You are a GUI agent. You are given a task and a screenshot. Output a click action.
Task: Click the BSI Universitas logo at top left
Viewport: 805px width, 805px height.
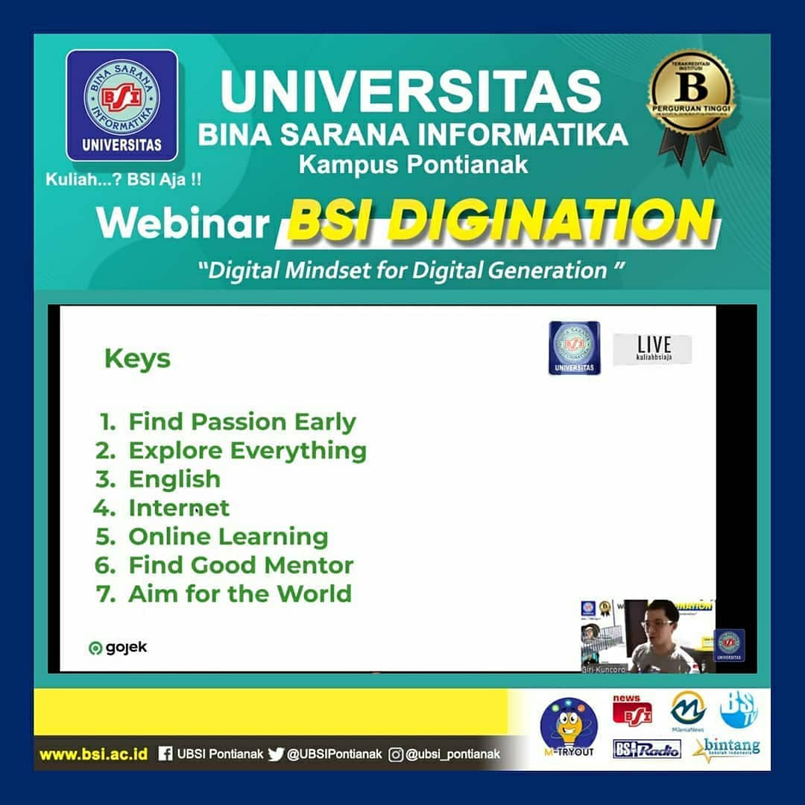121,105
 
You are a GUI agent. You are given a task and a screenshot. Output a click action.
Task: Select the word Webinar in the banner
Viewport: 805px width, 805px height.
183,223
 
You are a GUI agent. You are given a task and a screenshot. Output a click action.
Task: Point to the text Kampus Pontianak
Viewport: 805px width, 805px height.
413,164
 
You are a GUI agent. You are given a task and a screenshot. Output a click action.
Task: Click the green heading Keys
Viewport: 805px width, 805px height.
137,359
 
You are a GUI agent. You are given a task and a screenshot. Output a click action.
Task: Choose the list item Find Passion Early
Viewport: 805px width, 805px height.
241,422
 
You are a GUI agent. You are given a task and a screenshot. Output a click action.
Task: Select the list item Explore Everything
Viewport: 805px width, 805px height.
247,450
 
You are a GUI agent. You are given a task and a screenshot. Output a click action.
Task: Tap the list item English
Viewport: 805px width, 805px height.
174,479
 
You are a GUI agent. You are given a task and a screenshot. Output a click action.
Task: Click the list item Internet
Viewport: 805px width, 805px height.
179,508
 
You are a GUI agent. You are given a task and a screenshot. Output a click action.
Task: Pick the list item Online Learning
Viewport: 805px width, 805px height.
228,537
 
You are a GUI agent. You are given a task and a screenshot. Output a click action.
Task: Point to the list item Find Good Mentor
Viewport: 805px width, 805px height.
240,565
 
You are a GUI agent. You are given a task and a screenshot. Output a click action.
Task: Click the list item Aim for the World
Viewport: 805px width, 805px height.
239,594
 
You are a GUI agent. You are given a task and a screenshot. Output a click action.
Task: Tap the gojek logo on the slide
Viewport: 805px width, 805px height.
118,648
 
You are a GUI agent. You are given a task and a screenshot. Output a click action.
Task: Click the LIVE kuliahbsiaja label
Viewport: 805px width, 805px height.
652,349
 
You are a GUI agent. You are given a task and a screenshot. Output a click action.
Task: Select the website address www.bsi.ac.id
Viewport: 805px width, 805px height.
93,754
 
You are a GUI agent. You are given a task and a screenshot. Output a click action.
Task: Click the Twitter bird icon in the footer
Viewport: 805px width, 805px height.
276,754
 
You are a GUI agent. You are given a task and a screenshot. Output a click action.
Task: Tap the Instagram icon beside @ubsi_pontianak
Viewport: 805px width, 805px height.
396,754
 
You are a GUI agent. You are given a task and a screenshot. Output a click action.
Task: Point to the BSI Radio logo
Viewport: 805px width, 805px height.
646,749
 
